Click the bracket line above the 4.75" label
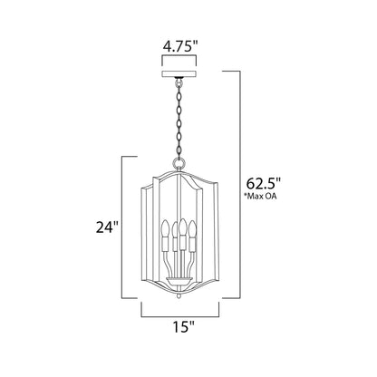coord(188,59)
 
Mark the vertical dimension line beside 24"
coord(122,227)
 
